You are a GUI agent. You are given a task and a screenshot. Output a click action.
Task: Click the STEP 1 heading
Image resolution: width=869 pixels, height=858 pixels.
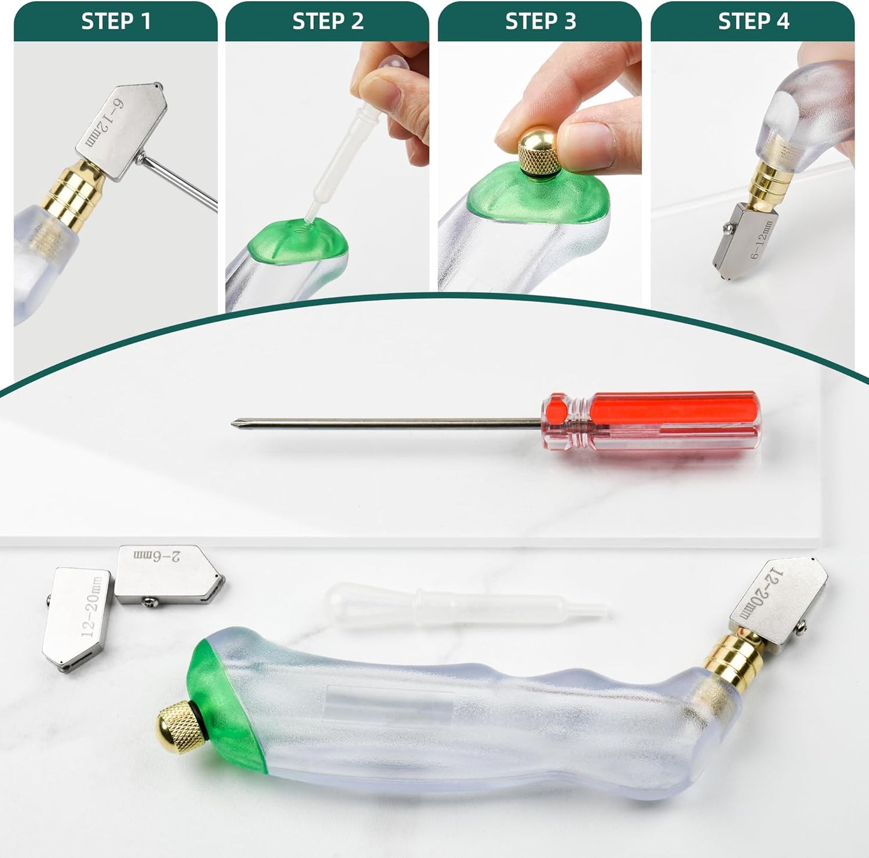(115, 22)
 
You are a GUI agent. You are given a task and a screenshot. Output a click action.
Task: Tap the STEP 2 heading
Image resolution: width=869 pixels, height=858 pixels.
(328, 22)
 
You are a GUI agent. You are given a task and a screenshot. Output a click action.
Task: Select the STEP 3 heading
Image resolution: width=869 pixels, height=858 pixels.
(540, 22)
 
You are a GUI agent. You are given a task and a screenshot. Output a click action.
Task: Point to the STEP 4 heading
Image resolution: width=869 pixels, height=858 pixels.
(753, 22)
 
